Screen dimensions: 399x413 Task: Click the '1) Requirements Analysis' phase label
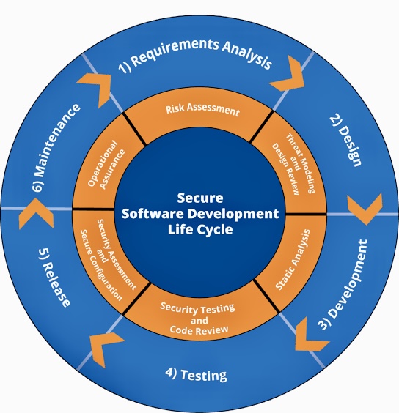click(195, 54)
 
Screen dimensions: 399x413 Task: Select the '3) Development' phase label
click(343, 284)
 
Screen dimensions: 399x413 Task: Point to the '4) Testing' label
click(196, 374)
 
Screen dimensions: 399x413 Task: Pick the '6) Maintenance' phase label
click(56, 147)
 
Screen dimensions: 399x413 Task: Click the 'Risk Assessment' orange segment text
click(202, 109)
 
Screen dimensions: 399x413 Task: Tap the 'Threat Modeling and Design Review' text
click(293, 164)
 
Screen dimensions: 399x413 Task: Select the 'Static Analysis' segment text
click(293, 259)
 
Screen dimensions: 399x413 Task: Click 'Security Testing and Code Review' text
click(197, 319)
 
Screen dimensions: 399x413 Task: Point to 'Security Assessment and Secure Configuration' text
click(109, 259)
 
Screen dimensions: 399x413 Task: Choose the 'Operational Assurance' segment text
click(106, 165)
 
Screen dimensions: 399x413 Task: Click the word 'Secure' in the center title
click(200, 198)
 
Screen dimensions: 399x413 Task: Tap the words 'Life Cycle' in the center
click(200, 229)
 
